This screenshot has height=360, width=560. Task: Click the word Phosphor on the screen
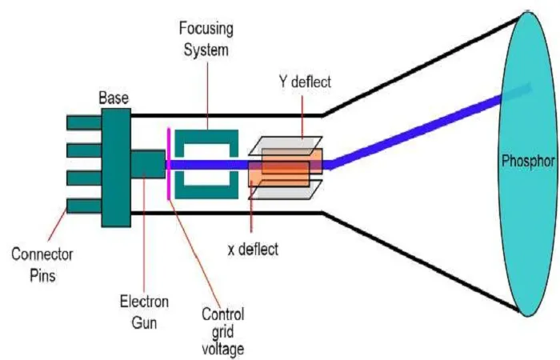point(528,161)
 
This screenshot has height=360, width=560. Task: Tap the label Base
point(114,98)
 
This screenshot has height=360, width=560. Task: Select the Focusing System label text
point(206,39)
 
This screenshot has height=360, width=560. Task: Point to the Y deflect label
point(305,82)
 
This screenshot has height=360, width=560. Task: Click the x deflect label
point(253,249)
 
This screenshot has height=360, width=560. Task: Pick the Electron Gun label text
point(144,312)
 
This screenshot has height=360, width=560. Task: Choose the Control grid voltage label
point(223,331)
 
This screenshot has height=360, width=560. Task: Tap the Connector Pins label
point(42,265)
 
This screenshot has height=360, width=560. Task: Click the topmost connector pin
point(84,123)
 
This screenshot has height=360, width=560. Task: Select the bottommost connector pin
point(84,206)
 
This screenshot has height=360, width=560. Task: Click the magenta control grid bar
point(169,164)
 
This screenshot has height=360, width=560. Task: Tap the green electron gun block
point(148,164)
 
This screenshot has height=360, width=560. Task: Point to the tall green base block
point(116,167)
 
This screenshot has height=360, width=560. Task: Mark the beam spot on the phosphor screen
point(516,94)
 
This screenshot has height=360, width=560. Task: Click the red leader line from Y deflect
point(302,117)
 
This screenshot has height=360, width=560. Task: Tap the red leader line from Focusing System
point(208,95)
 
